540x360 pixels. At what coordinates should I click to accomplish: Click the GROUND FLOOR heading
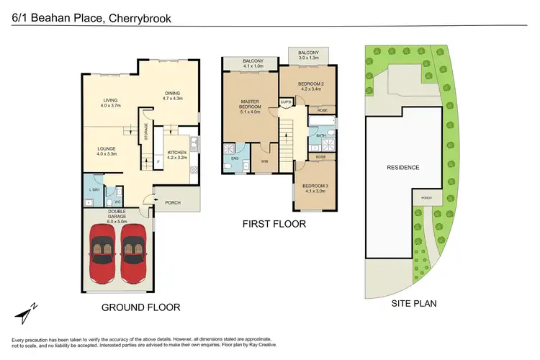pos(141,307)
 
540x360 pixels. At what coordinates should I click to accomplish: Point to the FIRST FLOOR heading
pos(274,225)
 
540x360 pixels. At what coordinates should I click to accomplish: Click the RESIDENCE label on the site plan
pos(403,167)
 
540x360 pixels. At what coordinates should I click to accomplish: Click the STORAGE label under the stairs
pos(145,135)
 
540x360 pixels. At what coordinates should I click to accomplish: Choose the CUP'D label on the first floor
pos(285,102)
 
